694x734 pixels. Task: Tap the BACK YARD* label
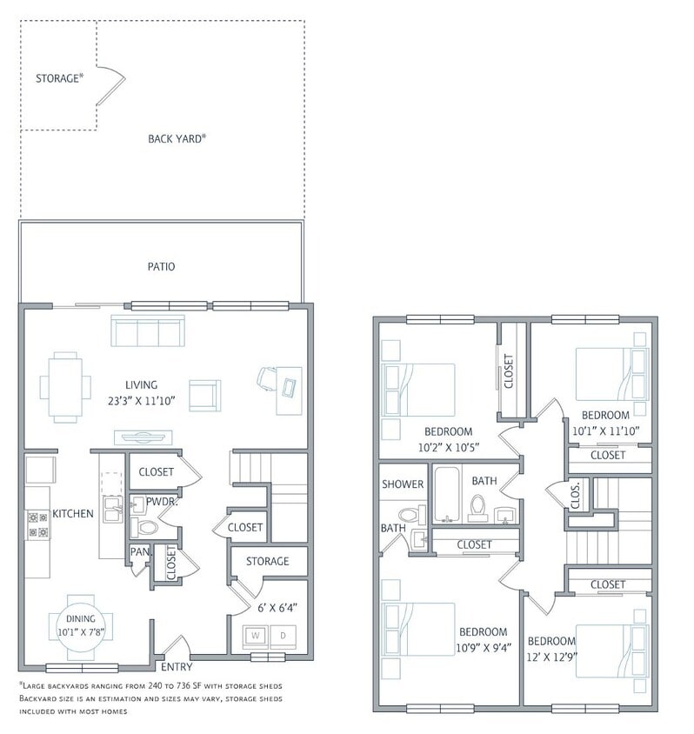tap(177, 138)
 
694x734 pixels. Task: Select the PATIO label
tap(161, 266)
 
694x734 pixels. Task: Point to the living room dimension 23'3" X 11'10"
tap(141, 402)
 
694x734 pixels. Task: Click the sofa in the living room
tap(148, 331)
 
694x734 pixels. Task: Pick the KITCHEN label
tap(72, 514)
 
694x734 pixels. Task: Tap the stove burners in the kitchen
tap(37, 523)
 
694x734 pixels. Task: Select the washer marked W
tap(256, 635)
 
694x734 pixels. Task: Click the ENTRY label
tap(177, 667)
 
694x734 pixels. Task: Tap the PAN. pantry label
tap(138, 550)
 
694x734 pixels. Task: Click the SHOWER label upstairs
tap(403, 484)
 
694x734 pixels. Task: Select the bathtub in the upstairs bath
tap(448, 497)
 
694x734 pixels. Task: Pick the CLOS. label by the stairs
tap(577, 495)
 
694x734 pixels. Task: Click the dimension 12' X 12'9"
tap(553, 657)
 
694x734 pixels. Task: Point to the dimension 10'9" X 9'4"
tap(484, 646)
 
